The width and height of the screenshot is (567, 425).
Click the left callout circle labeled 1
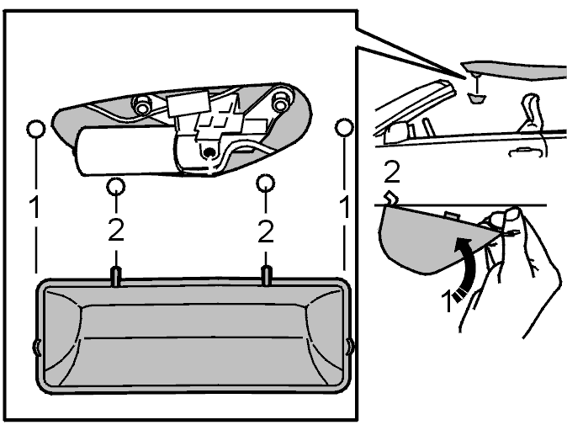(36, 129)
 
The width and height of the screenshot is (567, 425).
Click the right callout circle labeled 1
(344, 128)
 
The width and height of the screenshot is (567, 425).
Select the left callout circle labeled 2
(116, 186)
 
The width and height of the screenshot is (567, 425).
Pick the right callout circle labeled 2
(266, 183)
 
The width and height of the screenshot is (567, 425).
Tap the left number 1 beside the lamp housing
(35, 206)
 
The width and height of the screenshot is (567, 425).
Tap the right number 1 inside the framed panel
(345, 206)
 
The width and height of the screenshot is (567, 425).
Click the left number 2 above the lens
(116, 230)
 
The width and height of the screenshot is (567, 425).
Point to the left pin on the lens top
(116, 277)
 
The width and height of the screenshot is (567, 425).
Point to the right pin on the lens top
(267, 275)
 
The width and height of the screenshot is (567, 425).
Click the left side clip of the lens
(36, 347)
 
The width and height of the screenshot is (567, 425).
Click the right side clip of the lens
(350, 347)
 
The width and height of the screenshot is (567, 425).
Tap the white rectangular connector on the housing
(188, 104)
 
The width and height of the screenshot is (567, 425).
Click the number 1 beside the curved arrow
(448, 302)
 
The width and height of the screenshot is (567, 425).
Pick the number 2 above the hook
(392, 172)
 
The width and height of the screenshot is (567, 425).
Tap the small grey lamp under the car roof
(477, 98)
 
